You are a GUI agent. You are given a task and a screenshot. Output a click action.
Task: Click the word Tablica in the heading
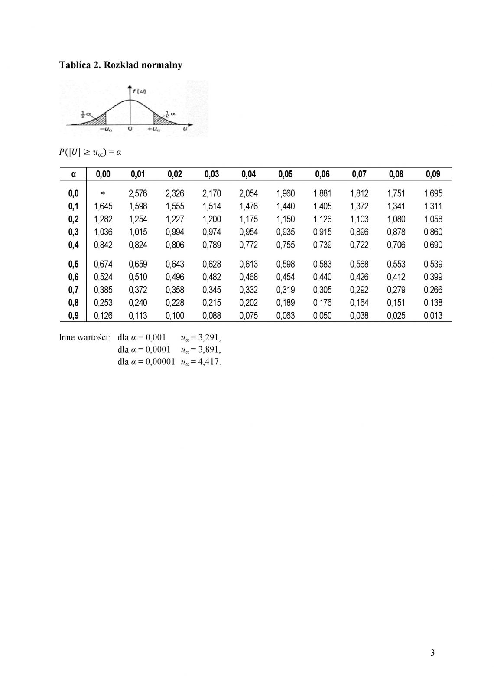[x=75, y=65]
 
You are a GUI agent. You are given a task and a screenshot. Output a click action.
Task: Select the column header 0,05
[x=286, y=174]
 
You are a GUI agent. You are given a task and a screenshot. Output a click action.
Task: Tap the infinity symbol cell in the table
[x=103, y=193]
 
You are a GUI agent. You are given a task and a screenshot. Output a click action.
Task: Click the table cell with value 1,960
[x=286, y=193]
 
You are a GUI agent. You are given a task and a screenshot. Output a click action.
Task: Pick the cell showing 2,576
[x=138, y=193]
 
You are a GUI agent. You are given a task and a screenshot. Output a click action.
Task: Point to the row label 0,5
[x=74, y=264]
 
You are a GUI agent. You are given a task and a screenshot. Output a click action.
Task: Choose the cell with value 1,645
[x=103, y=206]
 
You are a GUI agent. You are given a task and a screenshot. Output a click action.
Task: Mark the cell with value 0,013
[x=433, y=316]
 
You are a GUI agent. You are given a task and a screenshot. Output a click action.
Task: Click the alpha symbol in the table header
[x=74, y=174]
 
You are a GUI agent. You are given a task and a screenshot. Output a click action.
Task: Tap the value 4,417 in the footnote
[x=209, y=362]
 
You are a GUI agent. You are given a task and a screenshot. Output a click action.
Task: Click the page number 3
[x=432, y=653]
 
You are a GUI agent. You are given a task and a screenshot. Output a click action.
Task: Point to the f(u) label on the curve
[x=140, y=91]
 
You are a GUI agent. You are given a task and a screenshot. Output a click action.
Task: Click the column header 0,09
[x=433, y=174]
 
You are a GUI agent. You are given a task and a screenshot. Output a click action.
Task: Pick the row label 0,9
[x=74, y=316]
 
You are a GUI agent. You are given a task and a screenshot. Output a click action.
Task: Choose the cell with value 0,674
[x=103, y=264]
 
